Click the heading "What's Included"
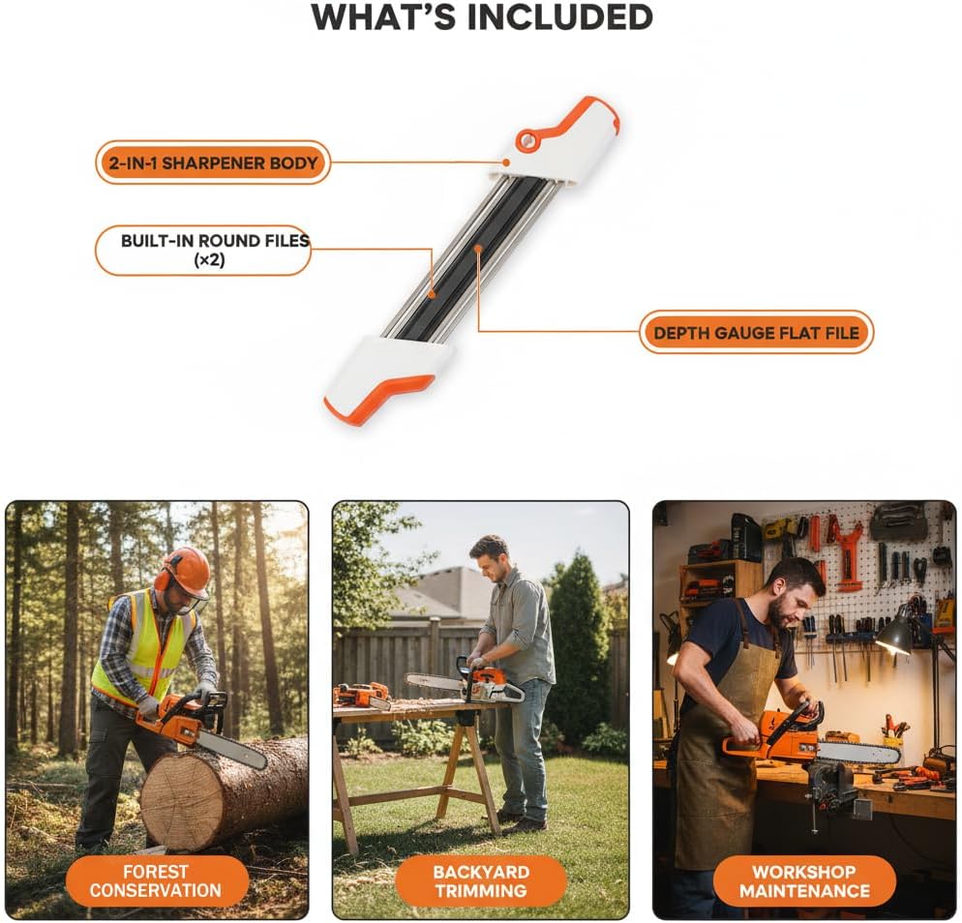point(482,17)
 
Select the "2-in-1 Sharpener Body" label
point(213,163)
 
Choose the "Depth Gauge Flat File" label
point(756,332)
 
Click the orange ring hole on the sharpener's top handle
point(526,141)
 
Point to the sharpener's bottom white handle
point(386,378)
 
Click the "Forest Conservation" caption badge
point(157,880)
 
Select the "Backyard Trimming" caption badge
point(480,880)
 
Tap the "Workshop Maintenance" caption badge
point(804,880)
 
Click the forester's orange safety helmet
point(186,570)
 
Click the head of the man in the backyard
point(490,557)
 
